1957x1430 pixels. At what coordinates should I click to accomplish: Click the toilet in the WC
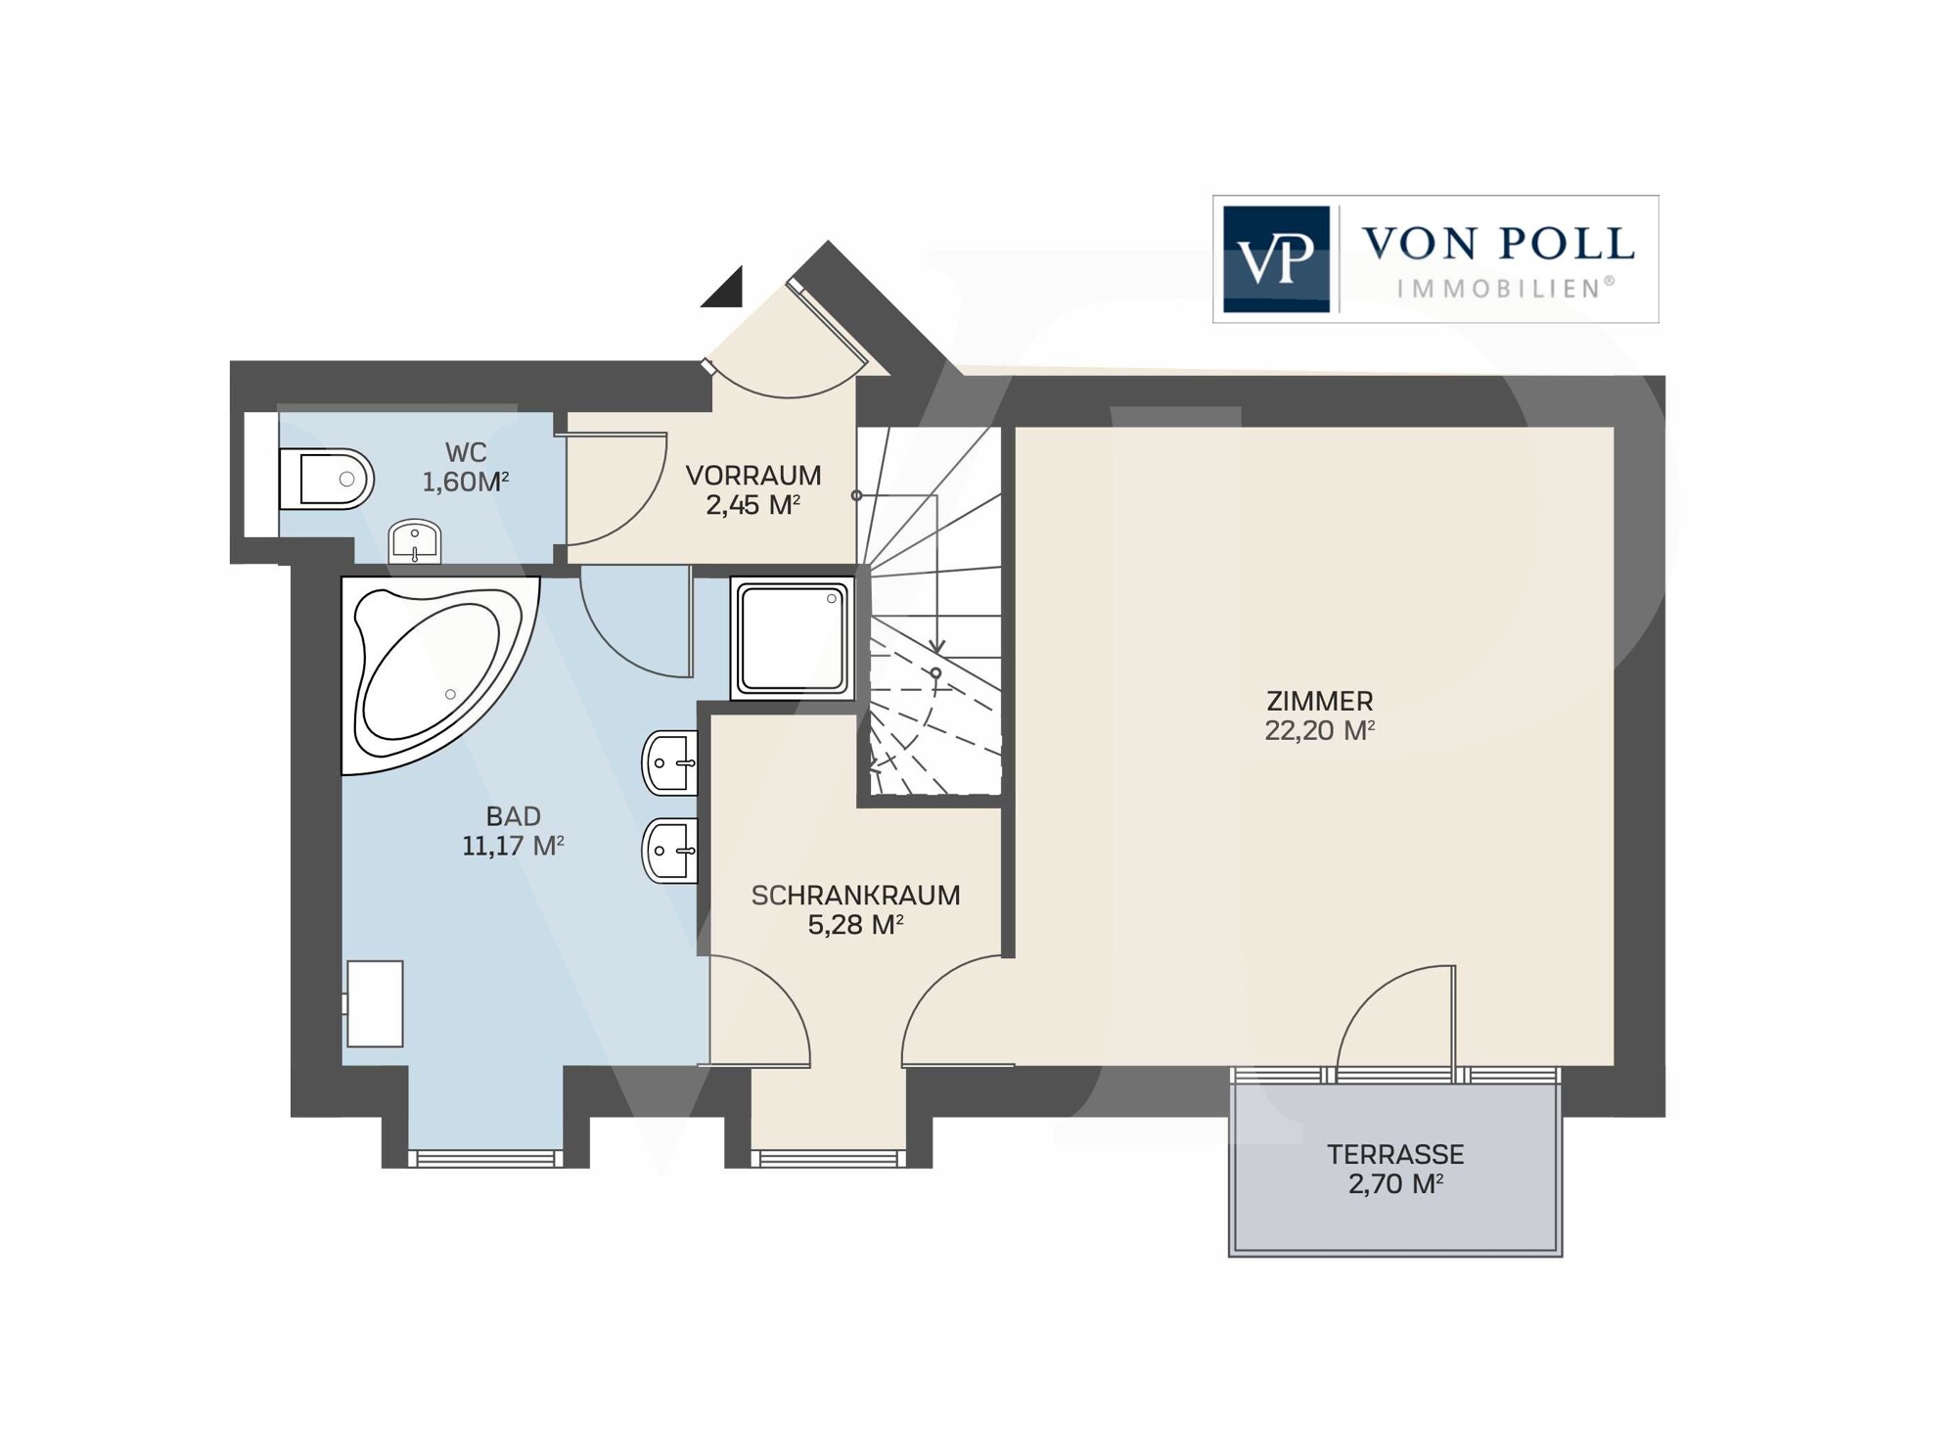[326, 480]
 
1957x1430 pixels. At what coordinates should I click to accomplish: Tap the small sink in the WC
[415, 541]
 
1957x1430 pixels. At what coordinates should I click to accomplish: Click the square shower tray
[793, 637]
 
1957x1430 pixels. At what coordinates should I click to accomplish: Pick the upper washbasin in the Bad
[670, 763]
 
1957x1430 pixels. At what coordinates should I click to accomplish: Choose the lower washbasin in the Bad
[670, 851]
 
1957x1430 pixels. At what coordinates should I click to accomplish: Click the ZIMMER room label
[1319, 701]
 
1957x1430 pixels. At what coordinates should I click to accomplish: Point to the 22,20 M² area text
[1319, 730]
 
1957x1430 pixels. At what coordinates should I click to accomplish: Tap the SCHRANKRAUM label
[855, 895]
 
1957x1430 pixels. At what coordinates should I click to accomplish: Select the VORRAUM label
[752, 476]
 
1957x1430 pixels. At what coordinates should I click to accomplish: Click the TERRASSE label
[1395, 1154]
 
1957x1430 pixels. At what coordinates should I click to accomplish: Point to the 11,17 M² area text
[513, 846]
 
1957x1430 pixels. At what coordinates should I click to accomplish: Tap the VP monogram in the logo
[1276, 258]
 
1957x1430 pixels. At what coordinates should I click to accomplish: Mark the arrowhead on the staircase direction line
[936, 646]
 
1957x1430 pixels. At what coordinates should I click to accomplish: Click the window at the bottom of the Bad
[485, 1159]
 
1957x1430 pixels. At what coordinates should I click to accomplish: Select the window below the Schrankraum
[828, 1159]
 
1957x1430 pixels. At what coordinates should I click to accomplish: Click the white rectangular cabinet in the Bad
[374, 1003]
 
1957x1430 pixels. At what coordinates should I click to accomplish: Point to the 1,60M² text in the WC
[465, 482]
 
